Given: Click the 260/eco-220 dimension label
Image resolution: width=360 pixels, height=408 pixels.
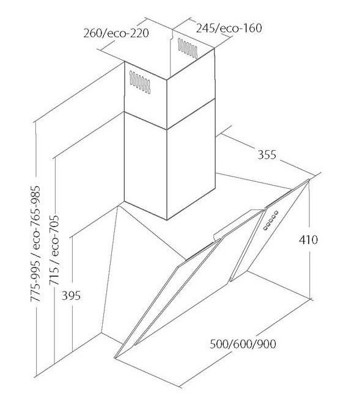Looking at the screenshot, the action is [116, 34].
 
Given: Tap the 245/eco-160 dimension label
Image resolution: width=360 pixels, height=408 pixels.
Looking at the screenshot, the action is [229, 28].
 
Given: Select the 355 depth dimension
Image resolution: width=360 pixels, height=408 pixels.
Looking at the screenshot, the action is [267, 155].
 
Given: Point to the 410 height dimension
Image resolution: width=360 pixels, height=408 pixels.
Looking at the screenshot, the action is [308, 239].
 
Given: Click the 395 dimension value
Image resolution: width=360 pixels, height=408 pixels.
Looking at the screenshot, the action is [71, 296].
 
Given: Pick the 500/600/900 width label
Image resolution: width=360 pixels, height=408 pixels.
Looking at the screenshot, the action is [243, 344].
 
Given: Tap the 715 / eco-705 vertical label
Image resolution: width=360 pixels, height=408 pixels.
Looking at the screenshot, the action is [54, 250].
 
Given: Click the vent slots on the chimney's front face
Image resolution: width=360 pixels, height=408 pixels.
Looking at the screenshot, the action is [140, 82].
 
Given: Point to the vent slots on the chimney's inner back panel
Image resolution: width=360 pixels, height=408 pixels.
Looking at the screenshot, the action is [188, 48].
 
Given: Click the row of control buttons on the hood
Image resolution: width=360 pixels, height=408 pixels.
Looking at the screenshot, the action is [271, 220].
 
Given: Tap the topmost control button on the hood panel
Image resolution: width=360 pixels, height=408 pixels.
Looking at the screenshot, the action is [276, 213].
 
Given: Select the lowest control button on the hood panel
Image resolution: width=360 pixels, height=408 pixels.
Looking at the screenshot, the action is [265, 228].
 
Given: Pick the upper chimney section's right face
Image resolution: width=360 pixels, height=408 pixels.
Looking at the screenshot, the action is [191, 88].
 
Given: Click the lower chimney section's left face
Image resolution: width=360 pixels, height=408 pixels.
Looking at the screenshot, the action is [145, 166].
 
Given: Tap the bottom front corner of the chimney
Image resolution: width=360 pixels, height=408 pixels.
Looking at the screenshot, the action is [167, 220].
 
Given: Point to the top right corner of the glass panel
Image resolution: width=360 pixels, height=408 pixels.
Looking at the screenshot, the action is [309, 180].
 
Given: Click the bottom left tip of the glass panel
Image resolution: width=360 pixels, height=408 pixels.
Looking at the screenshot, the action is [115, 358].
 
